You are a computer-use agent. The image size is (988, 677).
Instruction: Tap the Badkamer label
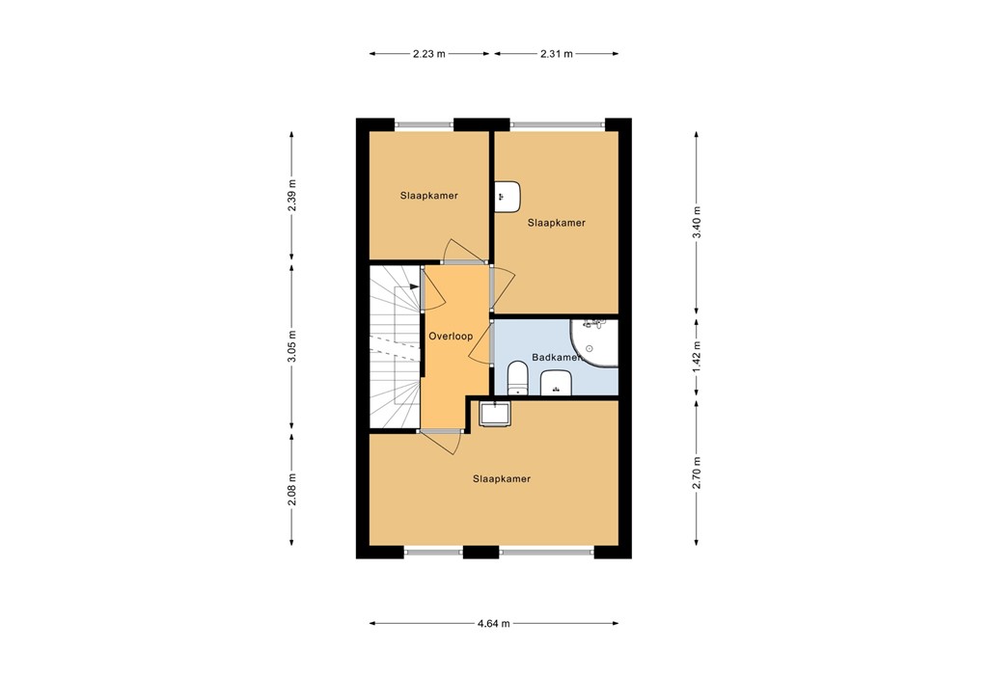point(557,357)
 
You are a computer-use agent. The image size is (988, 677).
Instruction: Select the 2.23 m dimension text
point(429,54)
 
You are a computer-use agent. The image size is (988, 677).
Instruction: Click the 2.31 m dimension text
point(557,54)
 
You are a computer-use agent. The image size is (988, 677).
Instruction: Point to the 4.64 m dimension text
point(493,623)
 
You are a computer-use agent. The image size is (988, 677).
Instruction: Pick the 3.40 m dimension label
point(697,223)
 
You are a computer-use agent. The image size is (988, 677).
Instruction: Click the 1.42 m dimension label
point(697,358)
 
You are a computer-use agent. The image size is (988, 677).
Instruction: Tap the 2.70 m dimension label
point(697,474)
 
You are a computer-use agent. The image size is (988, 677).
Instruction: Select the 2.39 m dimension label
point(292,196)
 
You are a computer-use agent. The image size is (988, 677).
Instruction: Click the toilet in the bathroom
point(518,378)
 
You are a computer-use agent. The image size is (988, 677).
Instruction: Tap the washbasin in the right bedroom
point(507,196)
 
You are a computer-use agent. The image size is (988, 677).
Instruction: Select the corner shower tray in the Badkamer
point(594,342)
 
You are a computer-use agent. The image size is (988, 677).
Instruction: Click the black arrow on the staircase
point(413,286)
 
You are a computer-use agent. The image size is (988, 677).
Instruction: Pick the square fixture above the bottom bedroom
point(495,414)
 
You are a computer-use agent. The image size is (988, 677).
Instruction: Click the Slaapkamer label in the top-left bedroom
point(429,196)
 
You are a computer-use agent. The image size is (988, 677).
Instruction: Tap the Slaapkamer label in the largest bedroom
point(502,478)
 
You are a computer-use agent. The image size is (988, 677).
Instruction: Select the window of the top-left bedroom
point(424,123)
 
